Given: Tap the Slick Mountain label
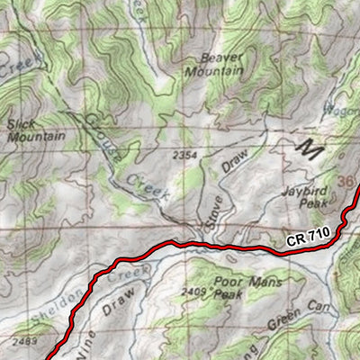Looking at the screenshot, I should (35, 130).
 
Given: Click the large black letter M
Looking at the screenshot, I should (309, 147).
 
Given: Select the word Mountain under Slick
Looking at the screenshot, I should (35, 137).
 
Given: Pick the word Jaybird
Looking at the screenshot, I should (300, 192).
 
